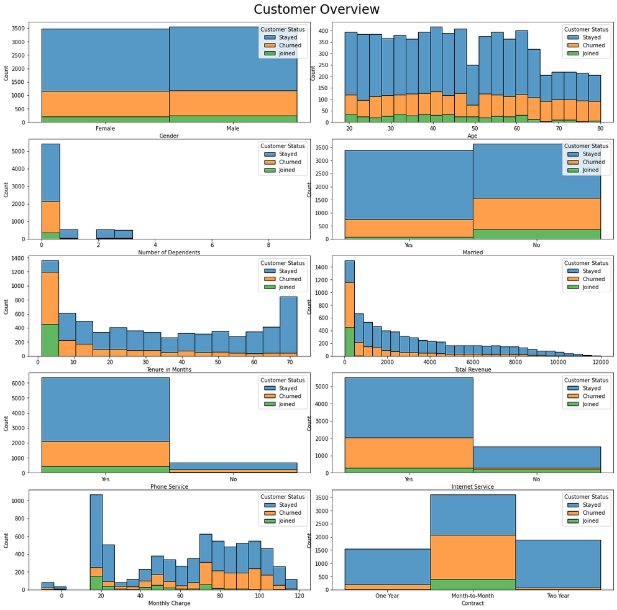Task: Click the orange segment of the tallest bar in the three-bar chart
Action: [x=472, y=557]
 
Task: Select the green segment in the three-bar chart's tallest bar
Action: [x=472, y=584]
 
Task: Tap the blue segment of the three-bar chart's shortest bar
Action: [x=387, y=566]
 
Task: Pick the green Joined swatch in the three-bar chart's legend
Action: [x=573, y=521]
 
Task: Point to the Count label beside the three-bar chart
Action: [x=309, y=540]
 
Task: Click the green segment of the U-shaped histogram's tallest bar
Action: [x=50, y=340]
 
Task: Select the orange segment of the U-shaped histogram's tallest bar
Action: [x=50, y=298]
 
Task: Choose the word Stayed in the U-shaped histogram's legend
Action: [x=288, y=271]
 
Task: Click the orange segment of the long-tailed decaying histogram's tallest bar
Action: [x=349, y=305]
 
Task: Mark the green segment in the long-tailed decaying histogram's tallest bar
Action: [x=349, y=341]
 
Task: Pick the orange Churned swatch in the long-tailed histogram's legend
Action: [x=573, y=279]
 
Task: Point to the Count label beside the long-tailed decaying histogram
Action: [x=309, y=306]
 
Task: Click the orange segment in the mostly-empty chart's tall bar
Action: [x=50, y=217]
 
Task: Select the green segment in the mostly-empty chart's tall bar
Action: [x=50, y=236]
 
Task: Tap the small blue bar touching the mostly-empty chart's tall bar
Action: [x=68, y=234]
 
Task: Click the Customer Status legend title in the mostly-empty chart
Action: [x=283, y=146]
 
